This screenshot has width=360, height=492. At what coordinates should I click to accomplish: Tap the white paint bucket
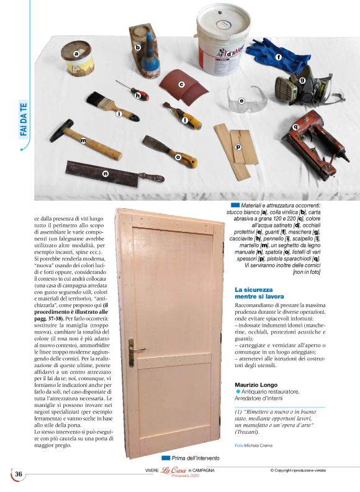pos(223,34)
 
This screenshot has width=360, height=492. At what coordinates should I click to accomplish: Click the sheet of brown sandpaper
pos(184,87)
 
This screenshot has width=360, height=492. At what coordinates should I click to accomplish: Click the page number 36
pos(19,474)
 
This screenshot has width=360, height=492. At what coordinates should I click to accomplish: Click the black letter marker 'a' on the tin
pos(76,54)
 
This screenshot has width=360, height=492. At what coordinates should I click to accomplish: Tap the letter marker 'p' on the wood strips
pos(238,148)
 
